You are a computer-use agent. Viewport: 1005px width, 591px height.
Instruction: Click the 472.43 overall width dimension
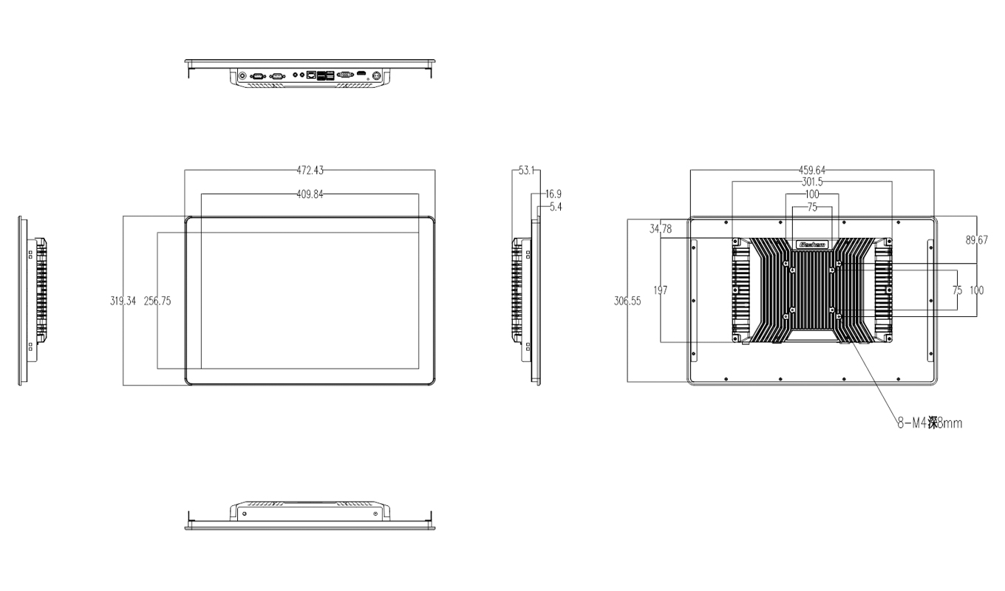[x=310, y=170]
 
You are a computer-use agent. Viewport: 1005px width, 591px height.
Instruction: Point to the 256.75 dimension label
[x=157, y=301]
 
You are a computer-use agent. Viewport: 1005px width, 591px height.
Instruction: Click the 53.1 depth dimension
[x=526, y=171]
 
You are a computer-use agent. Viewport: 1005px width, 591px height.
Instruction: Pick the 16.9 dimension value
[x=553, y=194]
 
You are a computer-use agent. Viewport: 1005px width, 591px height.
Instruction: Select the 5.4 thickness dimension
[x=553, y=207]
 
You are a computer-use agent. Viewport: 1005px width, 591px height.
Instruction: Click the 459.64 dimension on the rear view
[x=812, y=171]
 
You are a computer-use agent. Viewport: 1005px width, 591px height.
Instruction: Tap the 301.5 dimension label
[x=812, y=182]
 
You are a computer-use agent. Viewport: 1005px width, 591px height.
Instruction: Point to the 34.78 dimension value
[x=661, y=230]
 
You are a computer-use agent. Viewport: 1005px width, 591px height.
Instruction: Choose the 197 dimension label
[x=661, y=290]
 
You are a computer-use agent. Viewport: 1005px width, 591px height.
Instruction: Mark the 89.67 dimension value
[x=976, y=240]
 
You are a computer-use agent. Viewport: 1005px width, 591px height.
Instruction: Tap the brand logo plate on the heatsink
[x=812, y=242]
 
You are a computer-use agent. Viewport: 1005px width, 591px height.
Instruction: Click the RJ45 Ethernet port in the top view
[x=313, y=75]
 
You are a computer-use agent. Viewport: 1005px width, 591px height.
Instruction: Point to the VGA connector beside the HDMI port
[x=344, y=75]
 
